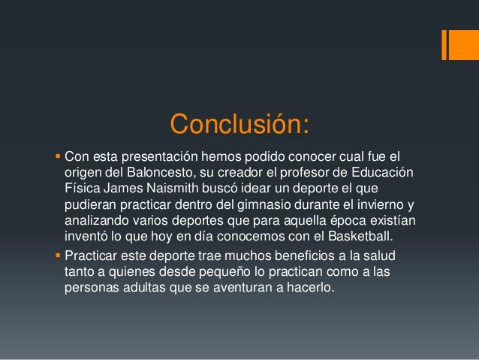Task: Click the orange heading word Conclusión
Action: point(239,124)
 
